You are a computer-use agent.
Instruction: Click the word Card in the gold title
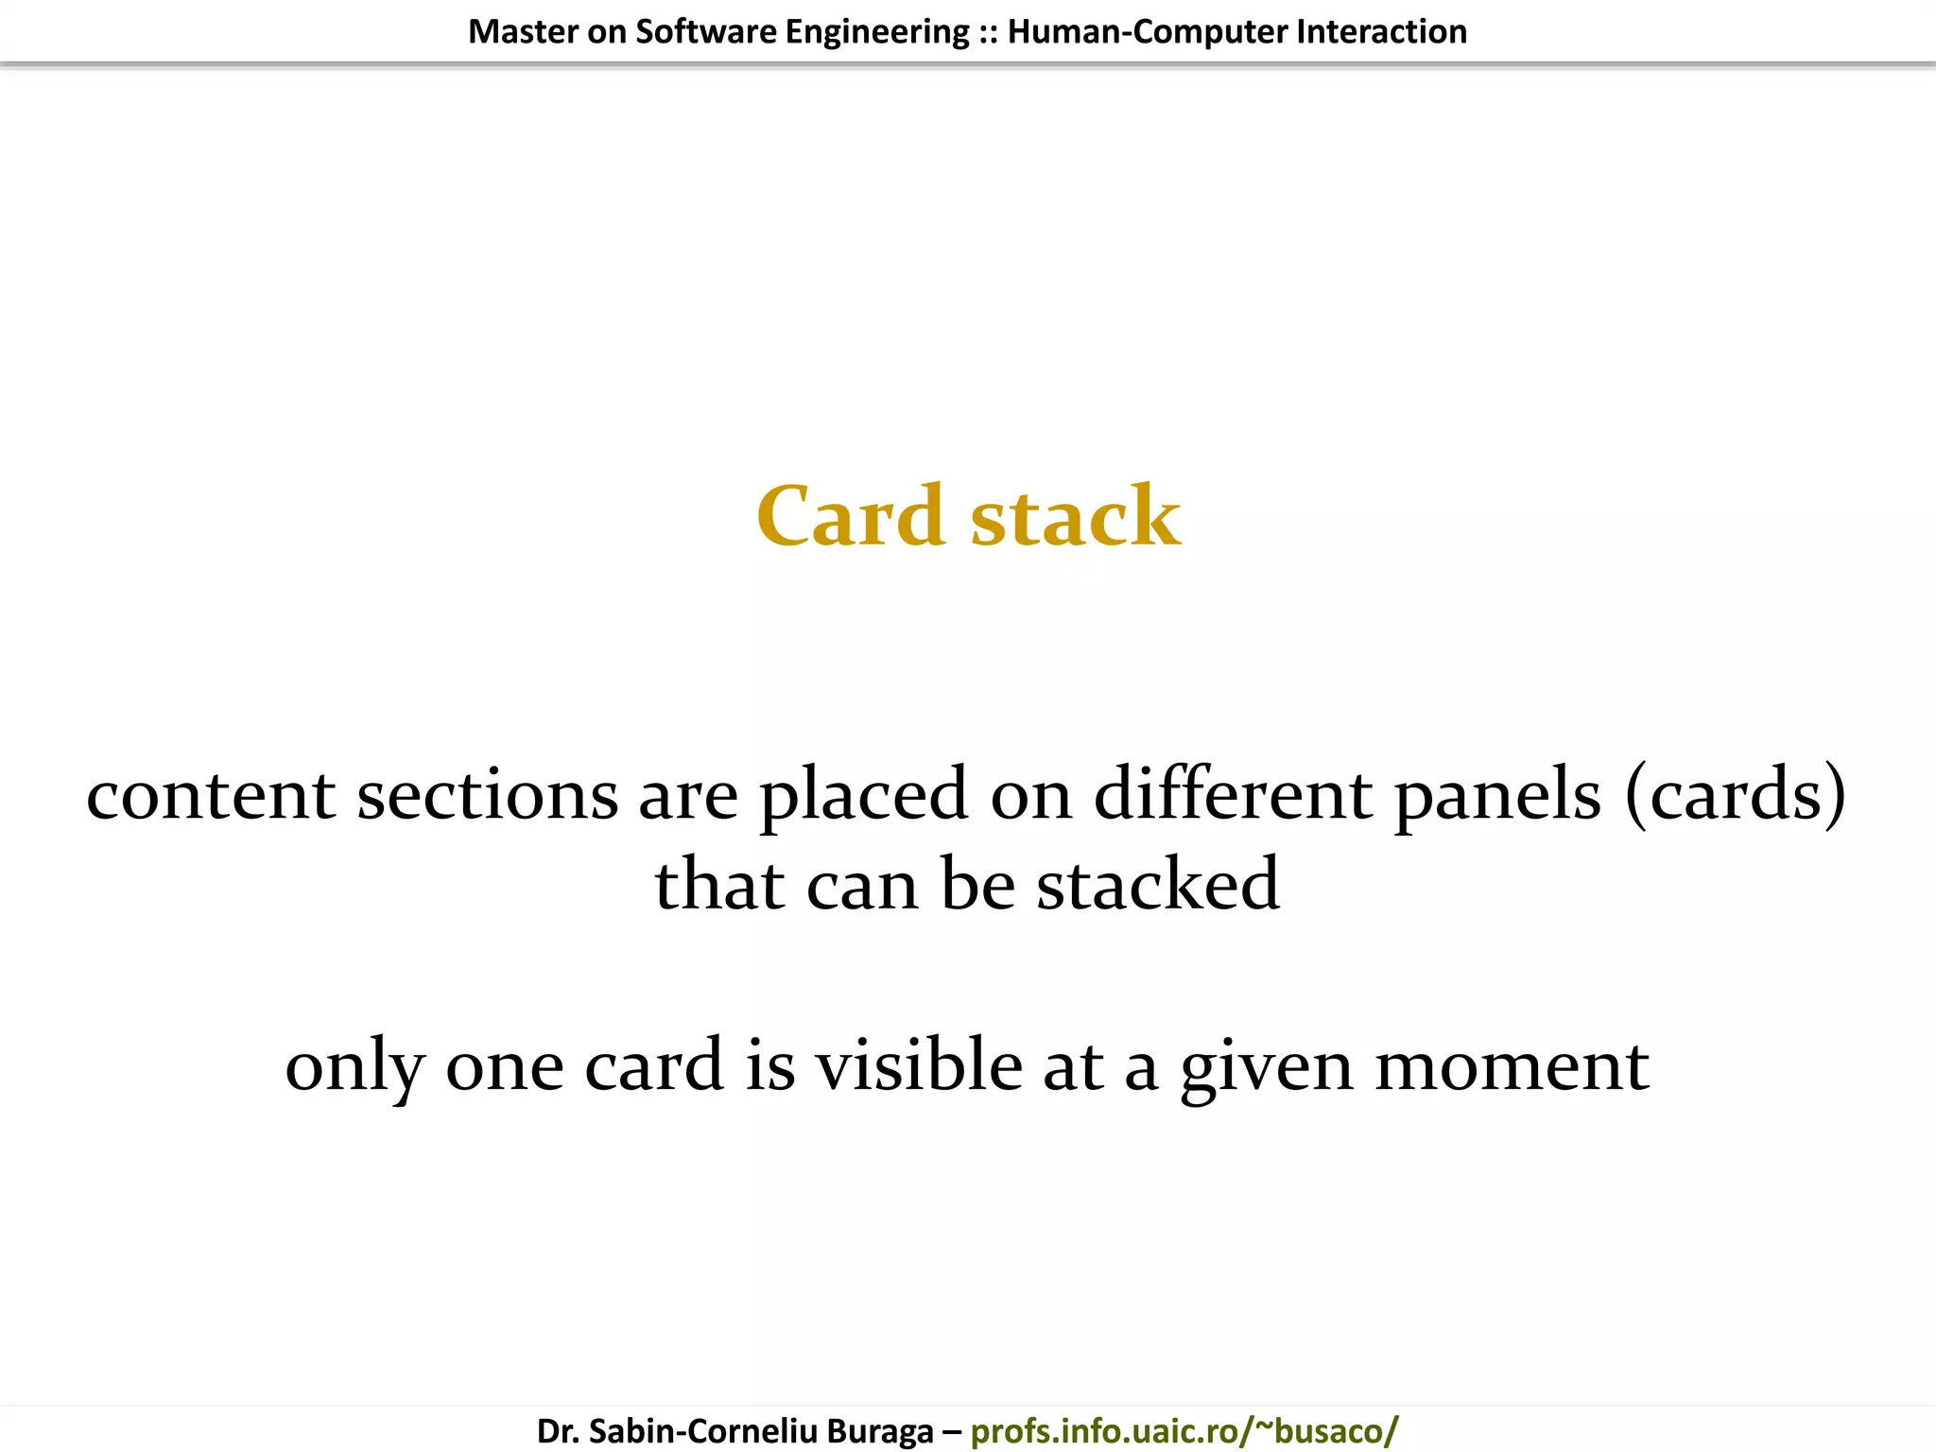pyautogui.click(x=850, y=516)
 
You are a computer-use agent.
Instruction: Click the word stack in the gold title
pyautogui.click(x=1076, y=516)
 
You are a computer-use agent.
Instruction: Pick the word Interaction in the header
pyautogui.click(x=1381, y=32)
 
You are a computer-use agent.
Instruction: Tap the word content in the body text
pyautogui.click(x=210, y=795)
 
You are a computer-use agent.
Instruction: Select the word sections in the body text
pyautogui.click(x=487, y=795)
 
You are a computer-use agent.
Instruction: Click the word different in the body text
pyautogui.click(x=1233, y=793)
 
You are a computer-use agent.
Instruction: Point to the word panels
pyautogui.click(x=1497, y=795)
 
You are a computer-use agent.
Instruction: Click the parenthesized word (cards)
pyautogui.click(x=1735, y=795)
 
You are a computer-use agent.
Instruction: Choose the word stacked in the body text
pyautogui.click(x=1158, y=885)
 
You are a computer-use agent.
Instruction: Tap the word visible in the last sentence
pyautogui.click(x=919, y=1065)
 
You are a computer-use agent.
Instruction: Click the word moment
pyautogui.click(x=1512, y=1065)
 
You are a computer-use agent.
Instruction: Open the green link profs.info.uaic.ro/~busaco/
pyautogui.click(x=1184, y=1430)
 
